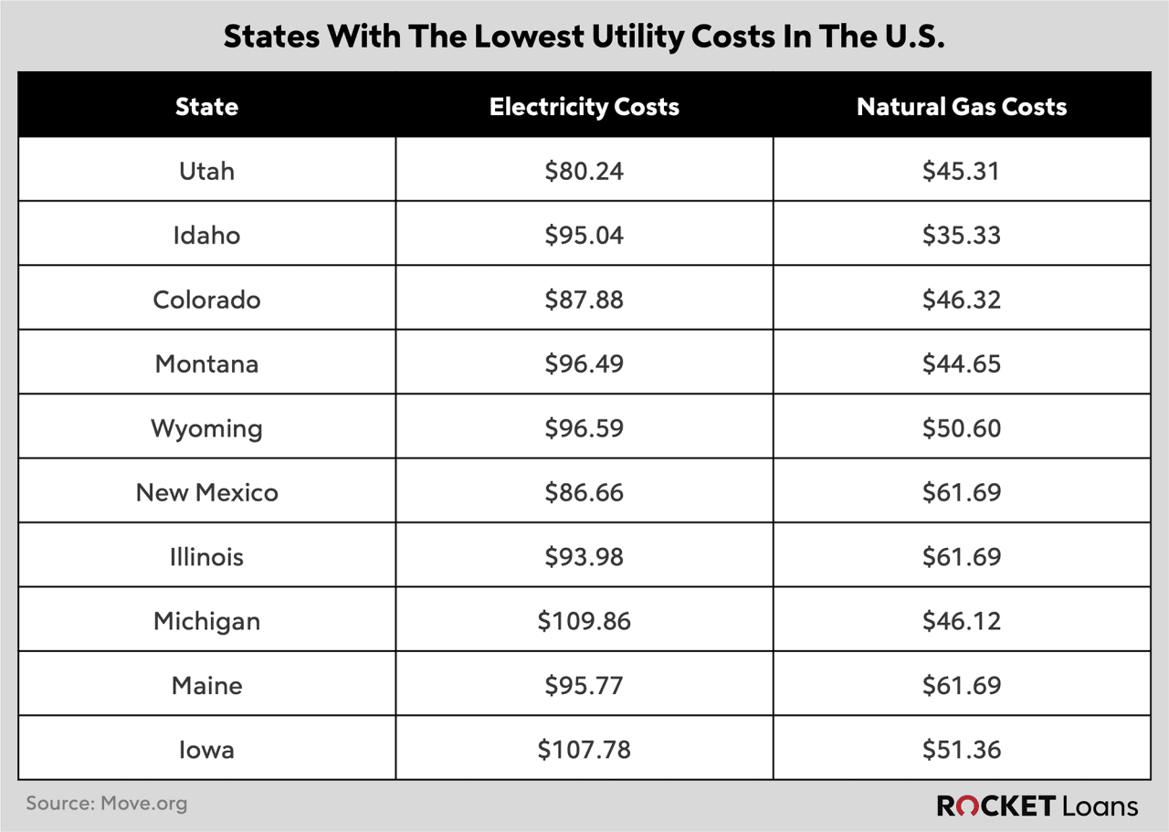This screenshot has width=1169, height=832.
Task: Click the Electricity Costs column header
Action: (x=584, y=106)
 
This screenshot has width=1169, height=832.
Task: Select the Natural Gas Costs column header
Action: (x=962, y=106)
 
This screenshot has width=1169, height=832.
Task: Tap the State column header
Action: (x=206, y=106)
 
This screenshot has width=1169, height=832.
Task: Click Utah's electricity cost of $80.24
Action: (x=584, y=171)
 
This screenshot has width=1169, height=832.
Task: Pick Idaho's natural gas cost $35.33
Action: (x=962, y=236)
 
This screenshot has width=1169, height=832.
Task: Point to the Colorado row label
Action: (x=206, y=300)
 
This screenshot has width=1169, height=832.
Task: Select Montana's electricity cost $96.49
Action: (x=584, y=363)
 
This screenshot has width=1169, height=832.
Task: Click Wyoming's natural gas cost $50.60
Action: (x=962, y=428)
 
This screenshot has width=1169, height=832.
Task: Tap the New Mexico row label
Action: (x=206, y=492)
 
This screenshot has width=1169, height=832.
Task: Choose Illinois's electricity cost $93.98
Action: (x=584, y=557)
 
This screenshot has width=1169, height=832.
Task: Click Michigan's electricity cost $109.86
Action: (x=584, y=621)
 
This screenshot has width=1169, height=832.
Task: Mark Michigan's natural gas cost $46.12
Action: (x=962, y=621)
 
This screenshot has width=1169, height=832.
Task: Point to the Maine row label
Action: (x=206, y=685)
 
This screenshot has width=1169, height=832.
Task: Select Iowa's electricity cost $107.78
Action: (x=584, y=750)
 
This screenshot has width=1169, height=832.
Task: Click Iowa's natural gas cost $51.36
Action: (x=962, y=750)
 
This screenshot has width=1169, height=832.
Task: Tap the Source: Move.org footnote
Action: (x=106, y=804)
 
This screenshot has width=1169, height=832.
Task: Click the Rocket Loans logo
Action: (x=1037, y=806)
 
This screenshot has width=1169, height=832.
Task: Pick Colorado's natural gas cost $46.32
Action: (x=962, y=300)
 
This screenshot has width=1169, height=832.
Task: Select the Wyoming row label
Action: (x=206, y=428)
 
